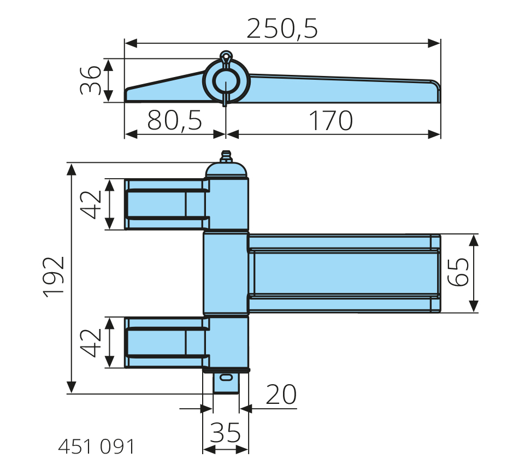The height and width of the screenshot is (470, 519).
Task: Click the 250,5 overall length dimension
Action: coord(282,28)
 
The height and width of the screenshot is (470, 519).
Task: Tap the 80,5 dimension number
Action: coord(175,120)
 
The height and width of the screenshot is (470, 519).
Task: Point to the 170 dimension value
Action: coord(331,120)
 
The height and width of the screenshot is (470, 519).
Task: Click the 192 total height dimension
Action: coord(55,277)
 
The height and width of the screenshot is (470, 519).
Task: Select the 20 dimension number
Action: coord(281,394)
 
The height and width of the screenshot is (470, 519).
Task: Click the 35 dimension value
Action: coord(225,433)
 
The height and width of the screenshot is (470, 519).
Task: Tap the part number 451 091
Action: coord(96,446)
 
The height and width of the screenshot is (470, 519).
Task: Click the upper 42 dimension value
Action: coord(92,204)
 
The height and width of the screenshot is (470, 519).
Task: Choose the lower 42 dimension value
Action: coord(92,342)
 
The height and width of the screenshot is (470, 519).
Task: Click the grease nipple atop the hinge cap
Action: coord(225,156)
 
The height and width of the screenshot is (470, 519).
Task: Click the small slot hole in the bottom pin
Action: coord(225,377)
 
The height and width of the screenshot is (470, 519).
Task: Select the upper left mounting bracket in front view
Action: coord(164,204)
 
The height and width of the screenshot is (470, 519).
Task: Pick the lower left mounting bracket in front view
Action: coord(164,342)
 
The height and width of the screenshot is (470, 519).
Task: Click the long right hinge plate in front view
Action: coord(344,273)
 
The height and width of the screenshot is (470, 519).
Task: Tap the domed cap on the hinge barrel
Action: coord(227,170)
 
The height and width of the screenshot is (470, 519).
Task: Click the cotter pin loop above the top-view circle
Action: coord(226,56)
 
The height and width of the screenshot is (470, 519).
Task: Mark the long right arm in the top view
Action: coord(344,89)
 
